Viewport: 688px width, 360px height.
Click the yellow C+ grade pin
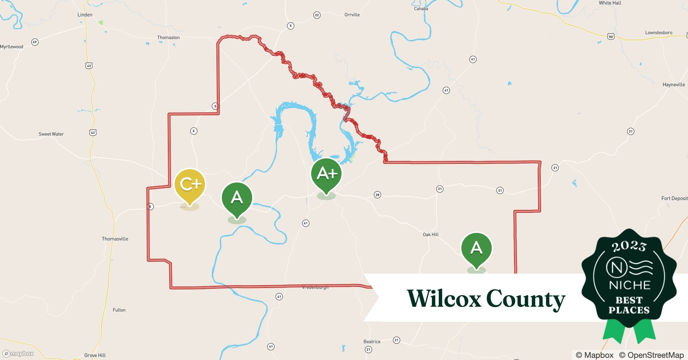tap(190, 185)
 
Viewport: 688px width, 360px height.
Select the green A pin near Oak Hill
tap(476, 248)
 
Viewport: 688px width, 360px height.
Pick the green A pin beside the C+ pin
tap(237, 198)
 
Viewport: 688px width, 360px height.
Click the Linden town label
tap(85, 15)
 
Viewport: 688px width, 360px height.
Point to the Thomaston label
tap(168, 37)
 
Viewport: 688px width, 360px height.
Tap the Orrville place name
tap(352, 15)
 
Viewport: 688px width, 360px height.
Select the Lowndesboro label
tap(658, 32)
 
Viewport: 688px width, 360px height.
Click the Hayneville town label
tap(674, 85)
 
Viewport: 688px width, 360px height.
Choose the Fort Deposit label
tap(674, 198)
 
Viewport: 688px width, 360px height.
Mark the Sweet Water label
tap(51, 134)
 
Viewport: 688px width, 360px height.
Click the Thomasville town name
tap(115, 239)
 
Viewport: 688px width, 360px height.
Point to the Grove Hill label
tap(95, 355)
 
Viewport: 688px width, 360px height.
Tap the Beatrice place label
tap(372, 342)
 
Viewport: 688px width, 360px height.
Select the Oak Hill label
tap(431, 234)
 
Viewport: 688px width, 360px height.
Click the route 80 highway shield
tap(611, 36)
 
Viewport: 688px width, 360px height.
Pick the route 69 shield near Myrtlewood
tap(35, 42)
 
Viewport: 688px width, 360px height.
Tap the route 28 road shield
tap(377, 195)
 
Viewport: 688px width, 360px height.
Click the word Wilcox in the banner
tap(444, 298)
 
